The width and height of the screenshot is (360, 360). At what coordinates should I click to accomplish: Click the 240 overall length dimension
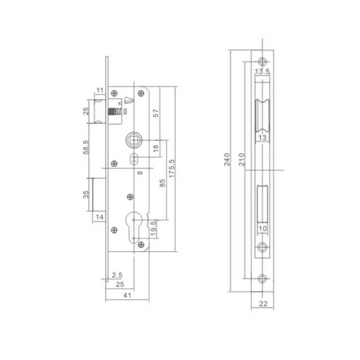[227, 159]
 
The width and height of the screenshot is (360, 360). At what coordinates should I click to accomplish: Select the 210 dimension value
[242, 159]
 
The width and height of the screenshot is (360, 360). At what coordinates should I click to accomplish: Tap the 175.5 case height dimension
[172, 168]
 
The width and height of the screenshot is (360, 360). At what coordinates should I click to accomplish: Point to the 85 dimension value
[162, 183]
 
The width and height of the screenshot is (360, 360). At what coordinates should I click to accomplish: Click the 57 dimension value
[156, 113]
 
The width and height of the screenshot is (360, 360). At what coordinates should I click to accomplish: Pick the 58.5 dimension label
[86, 147]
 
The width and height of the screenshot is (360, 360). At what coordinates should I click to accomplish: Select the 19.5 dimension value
[153, 228]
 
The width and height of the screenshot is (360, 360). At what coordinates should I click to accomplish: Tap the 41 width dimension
[128, 295]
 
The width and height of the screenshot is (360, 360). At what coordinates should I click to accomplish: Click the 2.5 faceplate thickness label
[117, 275]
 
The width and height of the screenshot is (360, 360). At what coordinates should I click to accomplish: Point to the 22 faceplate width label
[263, 304]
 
